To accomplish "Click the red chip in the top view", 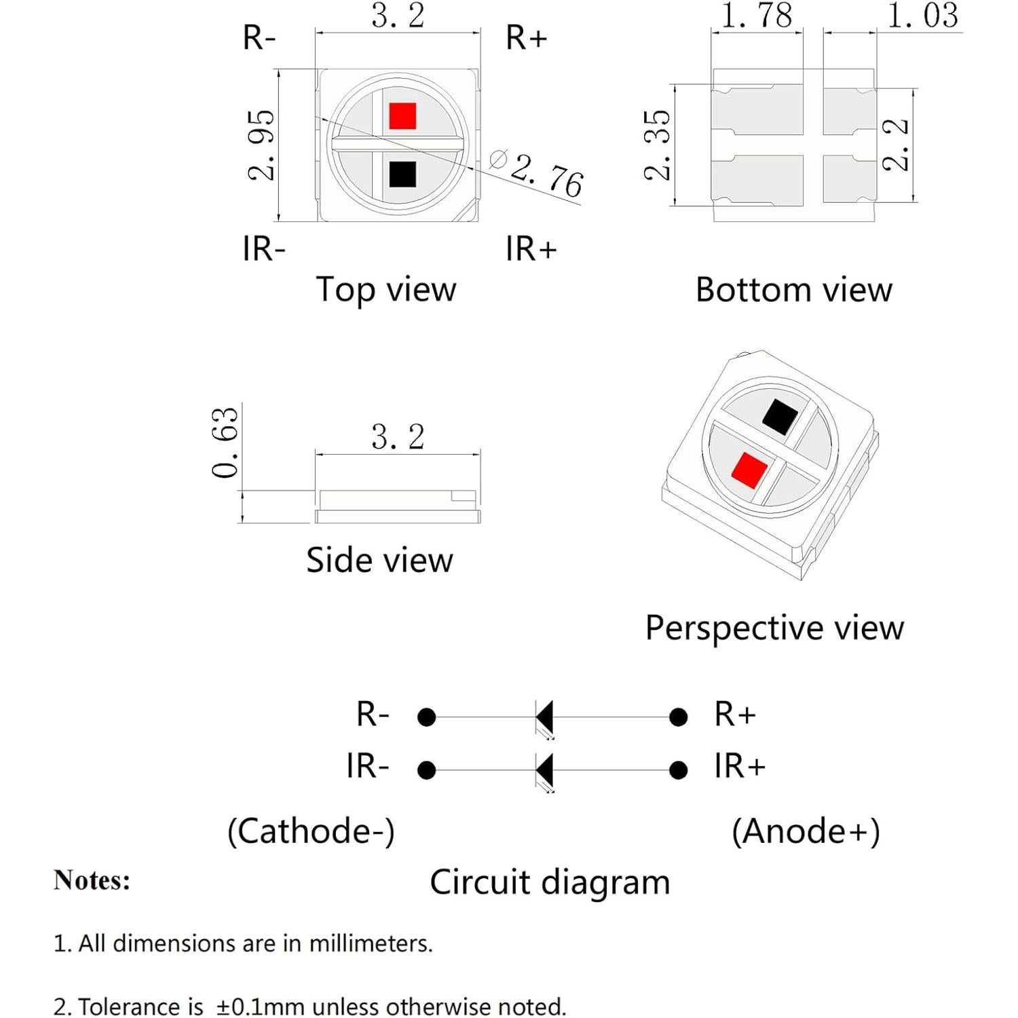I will (402, 116).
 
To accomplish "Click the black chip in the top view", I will (402, 174).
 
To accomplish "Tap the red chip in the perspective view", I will (749, 470).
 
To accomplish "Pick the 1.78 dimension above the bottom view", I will (757, 16).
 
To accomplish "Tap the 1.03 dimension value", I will (923, 16).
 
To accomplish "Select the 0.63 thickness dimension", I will (225, 442).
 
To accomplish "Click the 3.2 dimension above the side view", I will (398, 437).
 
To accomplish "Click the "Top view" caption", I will (386, 290).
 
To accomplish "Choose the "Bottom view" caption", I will (793, 290).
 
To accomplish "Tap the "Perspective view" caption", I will (774, 628).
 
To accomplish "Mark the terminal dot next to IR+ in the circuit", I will (678, 770).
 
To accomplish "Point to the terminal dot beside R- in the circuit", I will (426, 717).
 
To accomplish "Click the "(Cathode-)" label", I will (311, 831).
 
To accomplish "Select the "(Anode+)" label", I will (806, 831).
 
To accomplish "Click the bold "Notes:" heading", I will (92, 880).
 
